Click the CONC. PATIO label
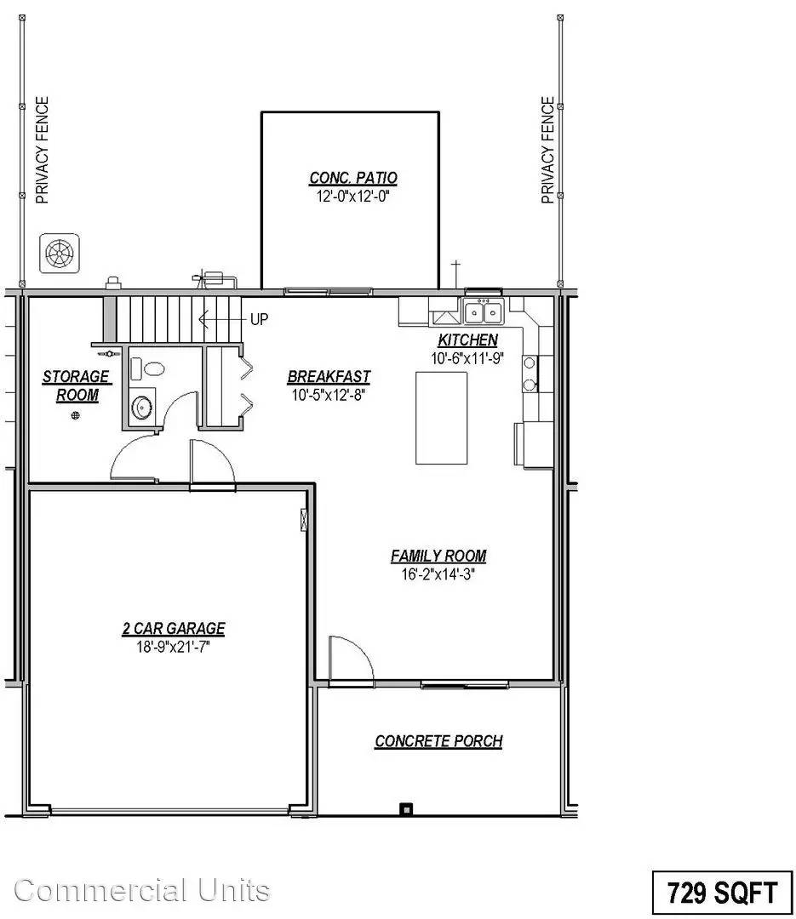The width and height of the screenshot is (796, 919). point(353,178)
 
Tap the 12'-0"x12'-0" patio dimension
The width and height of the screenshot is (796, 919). point(353,195)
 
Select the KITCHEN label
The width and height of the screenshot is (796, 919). point(468,340)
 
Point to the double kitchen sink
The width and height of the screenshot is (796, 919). point(484,312)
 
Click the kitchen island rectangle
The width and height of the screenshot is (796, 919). point(441,417)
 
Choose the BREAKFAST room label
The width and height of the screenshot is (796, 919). point(329,377)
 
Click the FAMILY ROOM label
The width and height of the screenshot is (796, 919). point(438,557)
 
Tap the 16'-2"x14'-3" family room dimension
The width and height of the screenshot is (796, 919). point(438,574)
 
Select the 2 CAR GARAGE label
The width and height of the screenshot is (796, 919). point(174,629)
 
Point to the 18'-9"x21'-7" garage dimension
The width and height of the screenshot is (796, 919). point(174,646)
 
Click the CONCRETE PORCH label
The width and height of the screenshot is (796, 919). point(438,741)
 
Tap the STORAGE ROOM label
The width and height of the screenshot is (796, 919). point(77,385)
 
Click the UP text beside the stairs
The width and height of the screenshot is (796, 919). point(260,319)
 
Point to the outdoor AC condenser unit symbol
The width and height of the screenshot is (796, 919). point(60,253)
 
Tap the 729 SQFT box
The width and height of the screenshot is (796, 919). point(722,893)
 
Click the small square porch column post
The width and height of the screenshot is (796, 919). point(407,808)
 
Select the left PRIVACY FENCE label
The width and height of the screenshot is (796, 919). point(42,151)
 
